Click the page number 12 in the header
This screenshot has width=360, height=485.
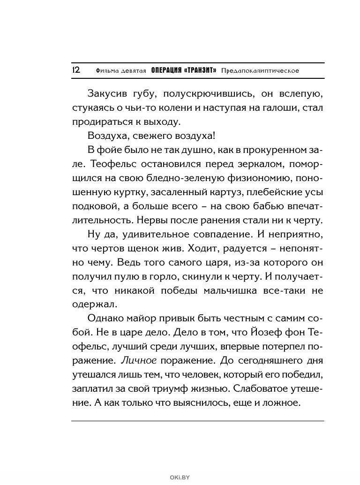76,70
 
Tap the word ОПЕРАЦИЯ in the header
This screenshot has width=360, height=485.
166,71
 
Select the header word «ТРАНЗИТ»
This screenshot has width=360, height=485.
201,71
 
